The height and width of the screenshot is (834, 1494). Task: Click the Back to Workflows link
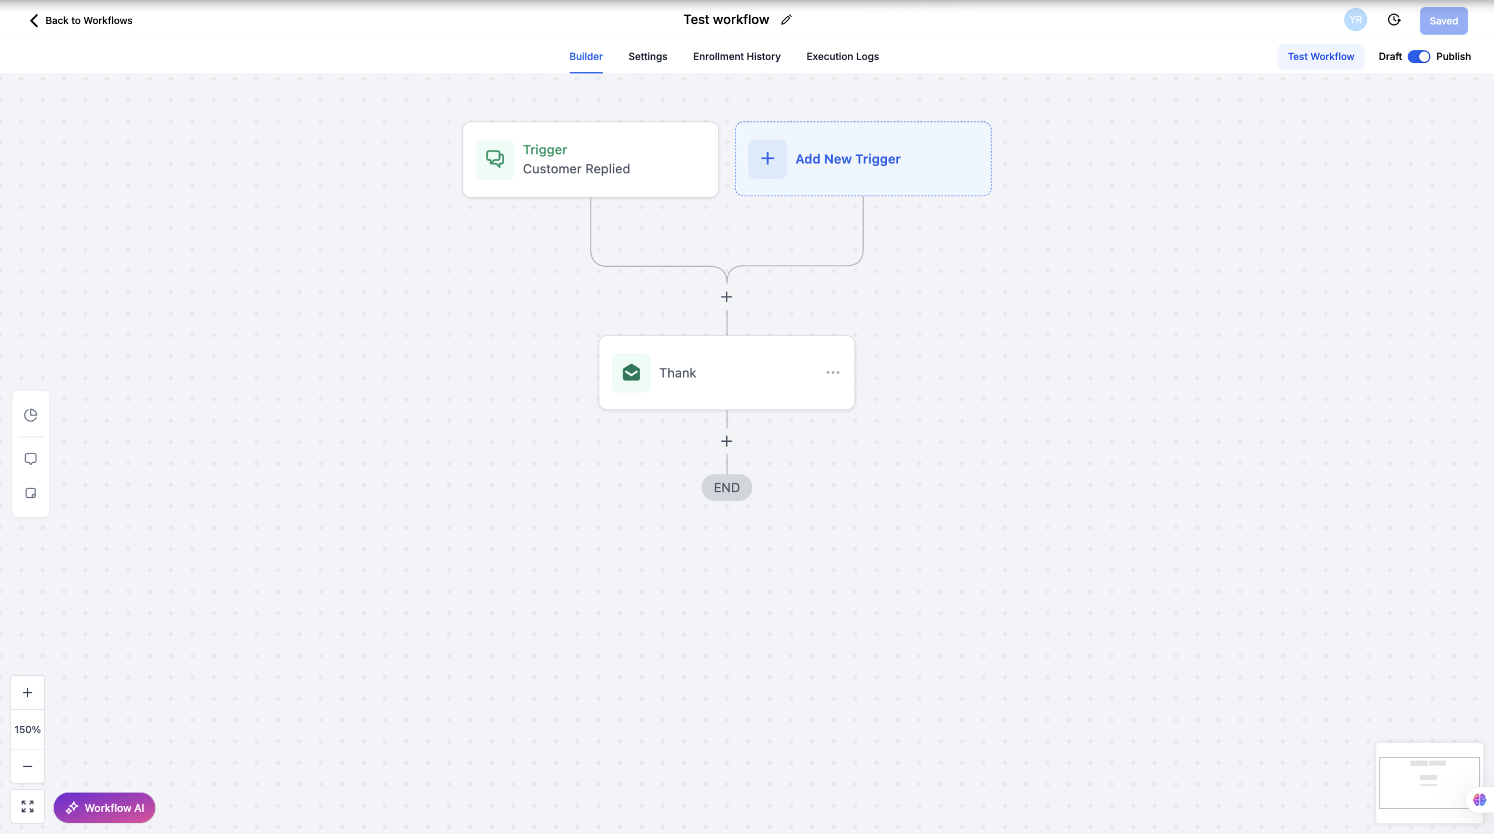click(x=81, y=20)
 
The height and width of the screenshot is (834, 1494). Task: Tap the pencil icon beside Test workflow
click(x=786, y=20)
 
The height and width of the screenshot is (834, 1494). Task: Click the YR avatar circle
click(x=1355, y=20)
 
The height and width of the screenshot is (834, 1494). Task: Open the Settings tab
click(x=648, y=57)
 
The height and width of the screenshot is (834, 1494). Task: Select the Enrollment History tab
click(x=736, y=57)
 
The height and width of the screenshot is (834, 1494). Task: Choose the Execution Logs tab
click(x=842, y=57)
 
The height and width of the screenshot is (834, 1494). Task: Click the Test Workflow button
click(x=1321, y=57)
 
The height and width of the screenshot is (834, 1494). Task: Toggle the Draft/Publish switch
click(x=1419, y=57)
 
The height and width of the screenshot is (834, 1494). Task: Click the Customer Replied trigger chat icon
click(x=495, y=159)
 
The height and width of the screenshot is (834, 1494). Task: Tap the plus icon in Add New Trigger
click(x=767, y=159)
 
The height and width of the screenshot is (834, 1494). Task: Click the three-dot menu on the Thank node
click(x=833, y=372)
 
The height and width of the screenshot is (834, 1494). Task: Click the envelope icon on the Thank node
click(x=631, y=372)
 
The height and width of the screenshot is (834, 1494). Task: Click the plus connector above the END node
click(x=727, y=441)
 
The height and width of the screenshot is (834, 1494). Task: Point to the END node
click(x=727, y=487)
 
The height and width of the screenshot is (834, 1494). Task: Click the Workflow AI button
click(x=104, y=808)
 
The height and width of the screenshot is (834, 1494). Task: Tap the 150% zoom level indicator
click(x=27, y=730)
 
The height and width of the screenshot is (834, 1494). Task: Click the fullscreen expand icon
click(x=27, y=806)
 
